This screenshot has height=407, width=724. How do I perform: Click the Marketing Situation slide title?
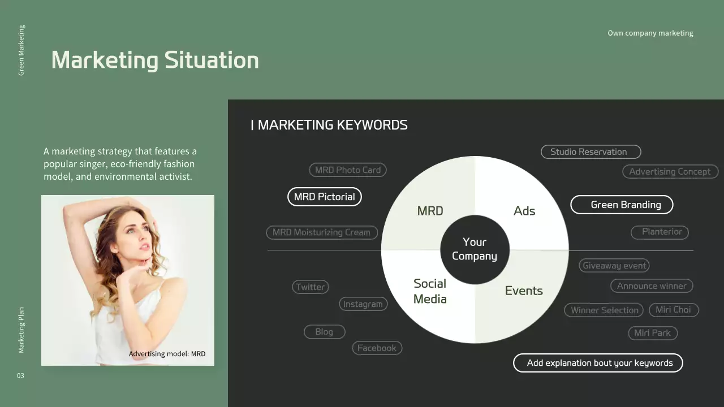155,60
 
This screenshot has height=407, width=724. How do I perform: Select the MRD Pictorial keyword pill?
324,197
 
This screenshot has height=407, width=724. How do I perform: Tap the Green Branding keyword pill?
622,205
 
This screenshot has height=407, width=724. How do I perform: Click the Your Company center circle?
475,249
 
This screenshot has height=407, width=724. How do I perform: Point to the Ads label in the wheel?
524,211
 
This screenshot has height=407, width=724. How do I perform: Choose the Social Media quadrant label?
430,291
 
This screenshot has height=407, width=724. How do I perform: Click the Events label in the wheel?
524,291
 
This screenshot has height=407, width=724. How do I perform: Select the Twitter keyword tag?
311,287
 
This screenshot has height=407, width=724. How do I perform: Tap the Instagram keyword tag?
363,304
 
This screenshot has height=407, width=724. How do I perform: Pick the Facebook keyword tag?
377,348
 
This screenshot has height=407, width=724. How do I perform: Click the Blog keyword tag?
324,332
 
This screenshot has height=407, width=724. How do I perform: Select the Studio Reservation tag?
591,151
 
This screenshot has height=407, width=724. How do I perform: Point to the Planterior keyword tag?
660,232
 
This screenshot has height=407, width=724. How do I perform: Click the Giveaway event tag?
614,266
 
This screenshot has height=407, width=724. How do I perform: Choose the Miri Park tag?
652,333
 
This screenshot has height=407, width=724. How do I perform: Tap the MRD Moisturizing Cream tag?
321,232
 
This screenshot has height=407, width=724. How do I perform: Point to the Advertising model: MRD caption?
167,354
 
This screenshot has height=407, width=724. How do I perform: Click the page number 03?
20,376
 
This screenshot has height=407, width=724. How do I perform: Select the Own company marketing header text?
650,33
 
